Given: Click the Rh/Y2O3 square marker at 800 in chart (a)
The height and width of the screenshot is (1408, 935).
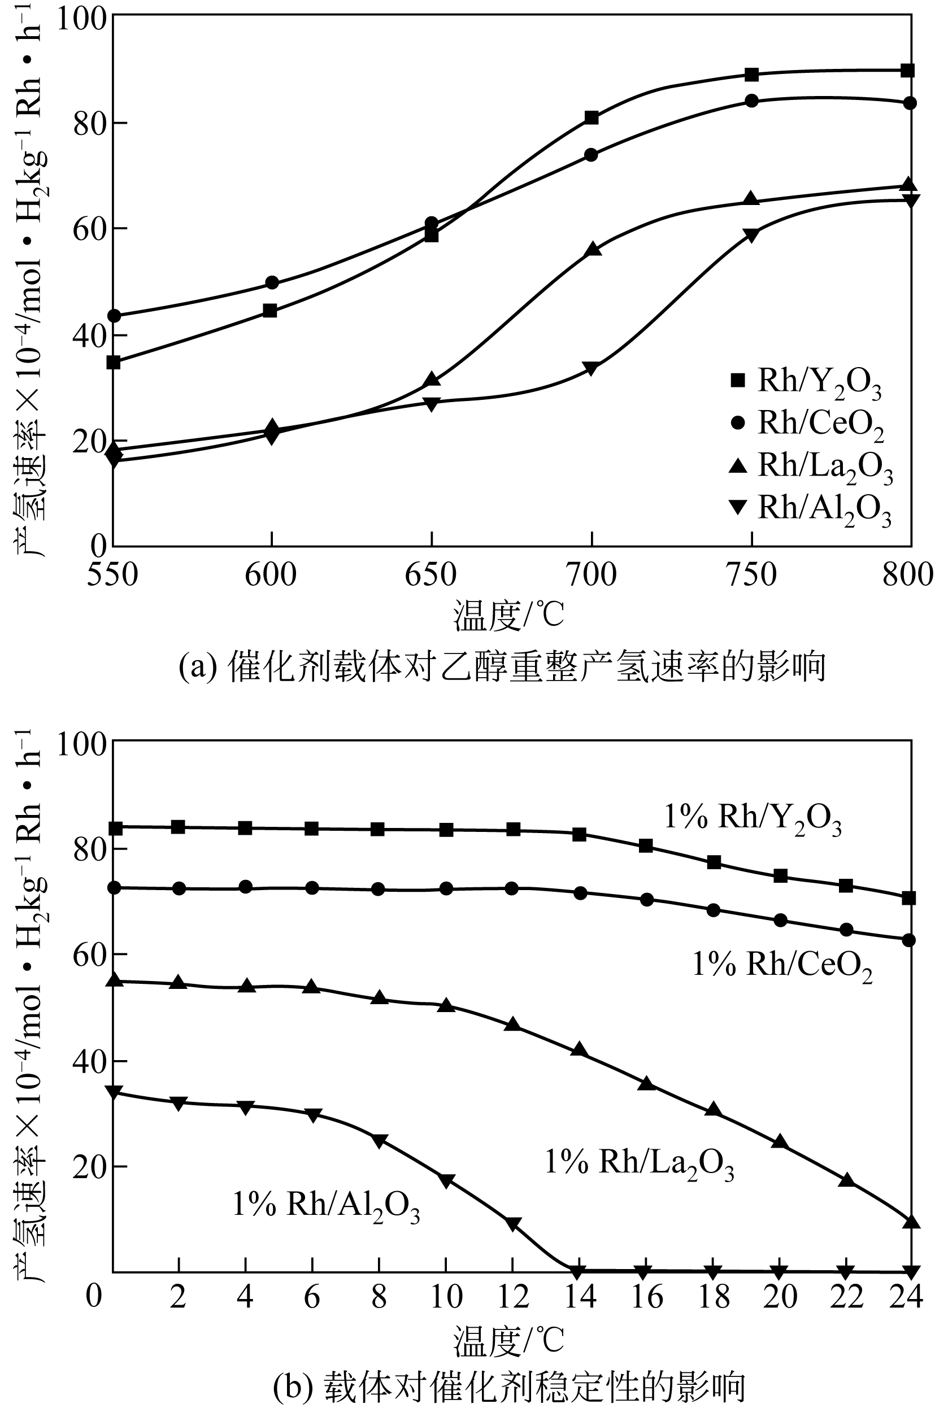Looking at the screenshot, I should point(907,71).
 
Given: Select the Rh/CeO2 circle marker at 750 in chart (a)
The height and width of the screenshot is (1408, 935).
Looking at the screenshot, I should point(752,101).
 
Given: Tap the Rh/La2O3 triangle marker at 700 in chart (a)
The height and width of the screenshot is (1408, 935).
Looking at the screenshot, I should point(593,250).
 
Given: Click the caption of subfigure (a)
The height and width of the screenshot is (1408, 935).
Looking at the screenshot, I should point(503,666).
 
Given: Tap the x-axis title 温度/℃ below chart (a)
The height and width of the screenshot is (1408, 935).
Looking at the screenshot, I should point(508,616).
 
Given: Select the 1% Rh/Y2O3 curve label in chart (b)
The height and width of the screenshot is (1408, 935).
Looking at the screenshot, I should point(753,818).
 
